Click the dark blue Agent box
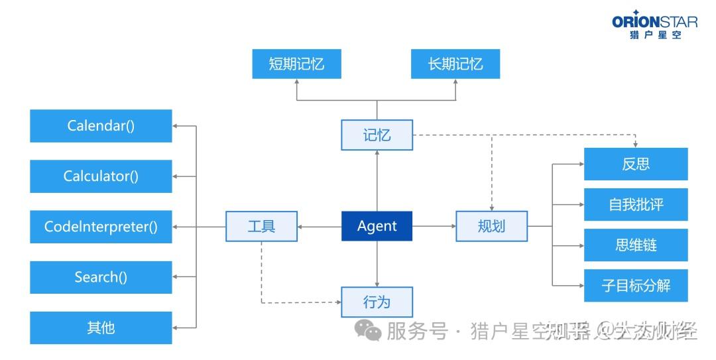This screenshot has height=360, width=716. pyautogui.click(x=377, y=226)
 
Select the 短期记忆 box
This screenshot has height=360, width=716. pyautogui.click(x=296, y=64)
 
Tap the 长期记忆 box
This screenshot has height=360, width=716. pyautogui.click(x=455, y=64)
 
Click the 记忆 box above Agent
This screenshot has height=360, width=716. pyautogui.click(x=377, y=135)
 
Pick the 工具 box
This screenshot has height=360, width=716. pyautogui.click(x=261, y=226)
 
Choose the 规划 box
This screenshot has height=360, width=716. pyautogui.click(x=491, y=226)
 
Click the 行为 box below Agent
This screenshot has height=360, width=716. pyautogui.click(x=377, y=302)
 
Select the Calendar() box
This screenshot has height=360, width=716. pyautogui.click(x=101, y=126)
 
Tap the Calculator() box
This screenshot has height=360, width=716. pyautogui.click(x=101, y=176)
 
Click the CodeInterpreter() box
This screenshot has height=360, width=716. pyautogui.click(x=101, y=227)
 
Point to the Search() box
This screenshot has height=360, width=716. pyautogui.click(x=101, y=277)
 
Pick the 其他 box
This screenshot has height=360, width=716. pyautogui.click(x=101, y=328)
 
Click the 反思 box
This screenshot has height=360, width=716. pyautogui.click(x=635, y=164)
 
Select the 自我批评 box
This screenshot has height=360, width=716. pyautogui.click(x=635, y=205)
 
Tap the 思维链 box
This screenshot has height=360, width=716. pyautogui.click(x=635, y=245)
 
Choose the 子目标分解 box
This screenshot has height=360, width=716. pyautogui.click(x=635, y=286)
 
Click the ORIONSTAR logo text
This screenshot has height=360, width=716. pyautogui.click(x=654, y=22)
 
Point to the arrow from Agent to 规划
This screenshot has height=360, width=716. pyautogui.click(x=434, y=226)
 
